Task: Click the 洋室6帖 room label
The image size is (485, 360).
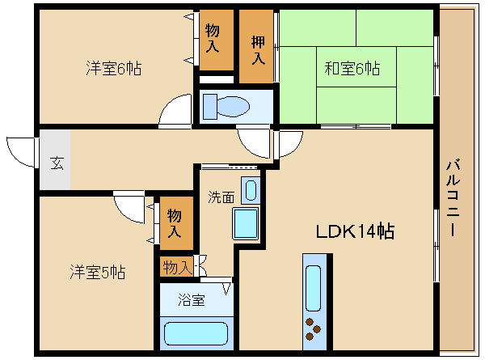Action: pos(114,69)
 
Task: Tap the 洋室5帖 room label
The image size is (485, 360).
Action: pos(98,272)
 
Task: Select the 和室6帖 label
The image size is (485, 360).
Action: pos(352,69)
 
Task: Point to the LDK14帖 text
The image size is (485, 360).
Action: pos(355,231)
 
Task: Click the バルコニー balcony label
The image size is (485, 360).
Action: pos(453,197)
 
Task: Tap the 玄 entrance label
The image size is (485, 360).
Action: pos(57,163)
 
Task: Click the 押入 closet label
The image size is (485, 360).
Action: pos(258,50)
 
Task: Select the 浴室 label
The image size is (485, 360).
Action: pos(192,299)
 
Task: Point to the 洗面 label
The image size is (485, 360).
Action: pos(221,197)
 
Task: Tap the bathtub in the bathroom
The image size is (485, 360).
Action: pos(196,333)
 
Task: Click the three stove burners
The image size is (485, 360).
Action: pos(313,329)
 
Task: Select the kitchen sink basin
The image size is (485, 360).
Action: pos(313,288)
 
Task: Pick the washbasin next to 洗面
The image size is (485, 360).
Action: pos(251,190)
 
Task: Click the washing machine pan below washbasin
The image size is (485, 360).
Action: pos(246,224)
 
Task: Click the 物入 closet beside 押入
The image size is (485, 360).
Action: pos(216,40)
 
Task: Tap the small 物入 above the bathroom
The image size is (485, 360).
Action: pos(176,267)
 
